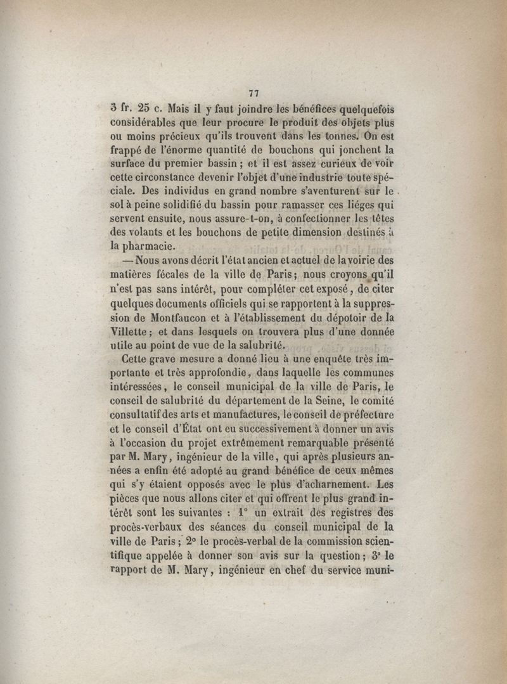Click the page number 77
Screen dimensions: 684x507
point(255,93)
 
